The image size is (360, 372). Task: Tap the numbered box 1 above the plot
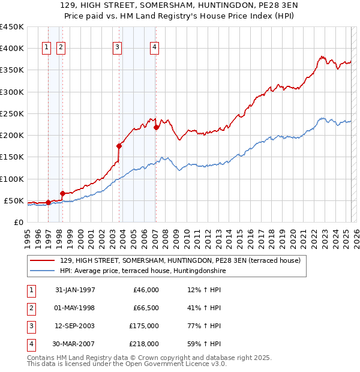47,48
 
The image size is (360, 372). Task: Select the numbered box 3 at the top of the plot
117,48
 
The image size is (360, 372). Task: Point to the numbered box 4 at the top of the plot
154,48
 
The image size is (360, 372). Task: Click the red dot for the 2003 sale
119,145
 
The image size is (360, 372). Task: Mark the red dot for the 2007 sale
156,127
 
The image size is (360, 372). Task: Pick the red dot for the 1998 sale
62,193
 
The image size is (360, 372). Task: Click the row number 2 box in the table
30,308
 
